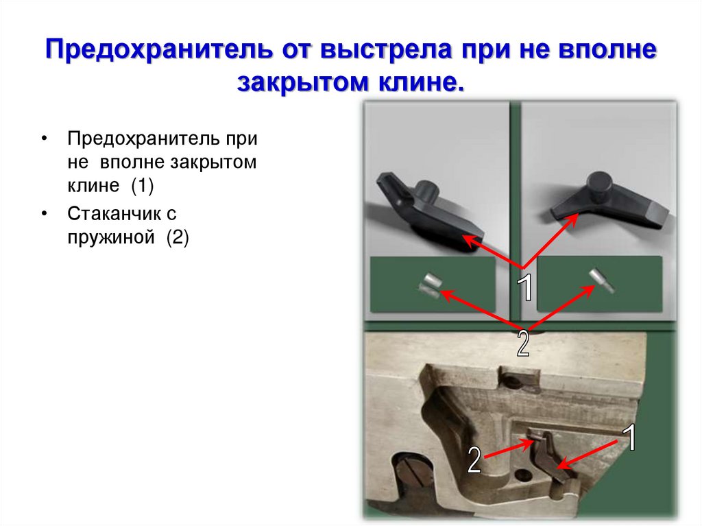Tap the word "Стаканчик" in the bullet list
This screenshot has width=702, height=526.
point(112,213)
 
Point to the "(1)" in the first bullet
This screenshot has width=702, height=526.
point(145,187)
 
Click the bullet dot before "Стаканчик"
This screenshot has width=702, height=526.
point(45,214)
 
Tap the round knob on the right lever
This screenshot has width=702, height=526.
point(601,183)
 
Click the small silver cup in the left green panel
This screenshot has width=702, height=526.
point(431,284)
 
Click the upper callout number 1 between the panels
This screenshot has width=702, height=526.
point(525,288)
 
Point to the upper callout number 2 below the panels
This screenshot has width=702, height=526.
point(523,343)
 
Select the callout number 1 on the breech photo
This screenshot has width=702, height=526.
point(629,438)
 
